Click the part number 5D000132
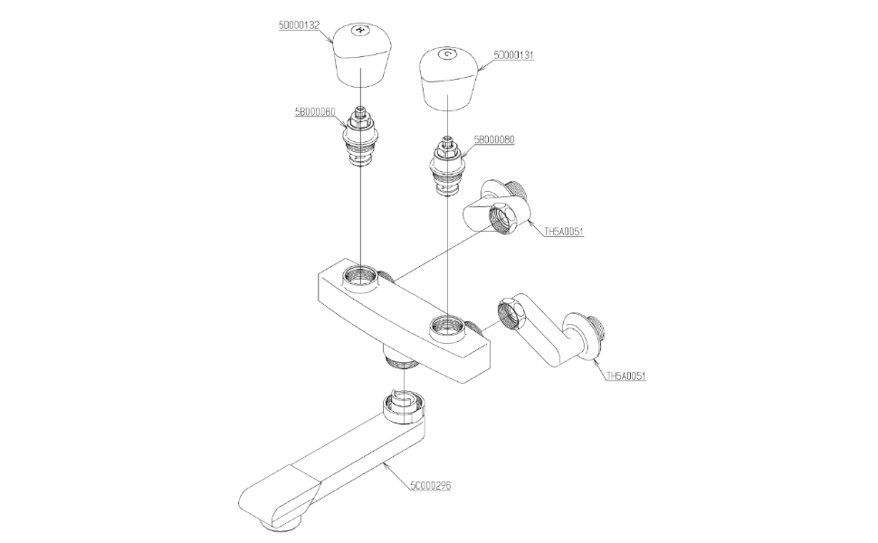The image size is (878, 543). point(298,26)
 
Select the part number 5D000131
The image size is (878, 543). point(513,55)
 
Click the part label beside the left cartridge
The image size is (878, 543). point(315,111)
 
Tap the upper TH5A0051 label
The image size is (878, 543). point(563,232)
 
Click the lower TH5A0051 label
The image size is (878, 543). point(625,376)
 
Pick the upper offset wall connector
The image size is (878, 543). point(497,206)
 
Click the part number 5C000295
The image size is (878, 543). point(430,486)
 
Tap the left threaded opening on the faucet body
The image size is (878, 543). point(361,275)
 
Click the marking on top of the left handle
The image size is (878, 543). point(360,30)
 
